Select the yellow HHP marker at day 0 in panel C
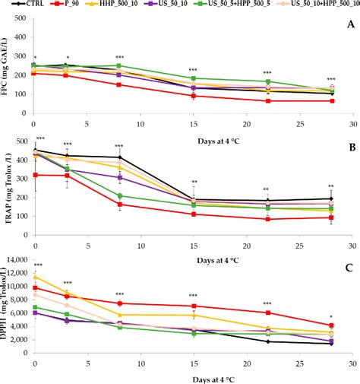[x=33, y=278]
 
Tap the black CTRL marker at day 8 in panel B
[x=119, y=157]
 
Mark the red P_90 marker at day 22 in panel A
[x=267, y=101]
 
